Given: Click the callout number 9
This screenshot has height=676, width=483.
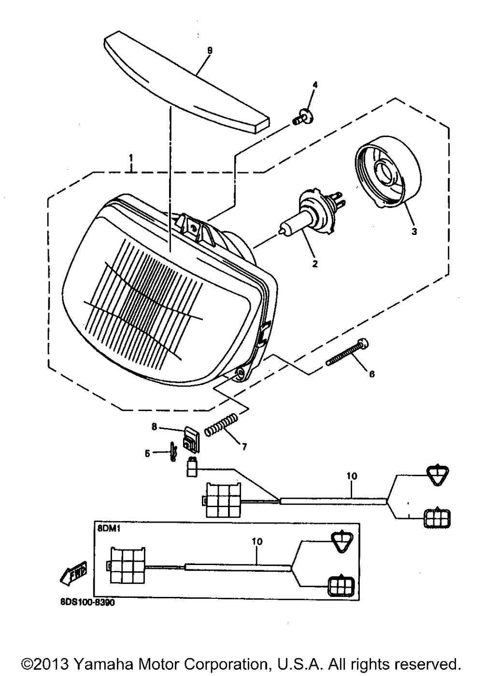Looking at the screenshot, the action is point(210,51).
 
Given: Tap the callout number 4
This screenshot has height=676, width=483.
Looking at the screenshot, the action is point(315,85).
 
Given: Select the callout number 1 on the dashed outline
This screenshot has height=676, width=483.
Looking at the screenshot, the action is point(131,158).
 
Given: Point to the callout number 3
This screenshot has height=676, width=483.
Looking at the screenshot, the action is point(414,232).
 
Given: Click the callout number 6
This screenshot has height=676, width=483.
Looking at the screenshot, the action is point(372,374).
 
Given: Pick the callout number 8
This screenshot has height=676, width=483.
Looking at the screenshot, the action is point(155,428).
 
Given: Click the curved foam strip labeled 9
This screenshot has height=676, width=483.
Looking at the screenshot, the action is point(186,82).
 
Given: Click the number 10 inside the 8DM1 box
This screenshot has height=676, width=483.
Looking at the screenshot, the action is point(257,540).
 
